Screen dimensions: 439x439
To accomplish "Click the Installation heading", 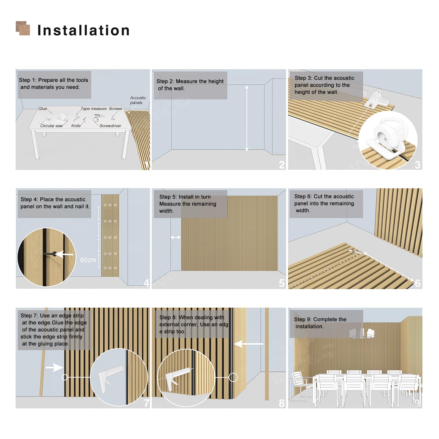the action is pos(84,30).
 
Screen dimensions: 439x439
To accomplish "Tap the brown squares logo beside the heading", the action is pos(23,28).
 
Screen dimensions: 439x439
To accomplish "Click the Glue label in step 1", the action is pos(43,109).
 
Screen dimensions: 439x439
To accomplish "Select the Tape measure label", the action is pos(94,109).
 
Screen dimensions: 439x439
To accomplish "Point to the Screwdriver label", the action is pos(110,126).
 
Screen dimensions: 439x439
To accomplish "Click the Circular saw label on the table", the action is pos(52,126).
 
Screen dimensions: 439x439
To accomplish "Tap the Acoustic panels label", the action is pos(138,100).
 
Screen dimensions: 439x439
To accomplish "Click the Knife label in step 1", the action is pos(76,126).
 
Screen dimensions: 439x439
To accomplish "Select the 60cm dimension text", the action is pos(88,260).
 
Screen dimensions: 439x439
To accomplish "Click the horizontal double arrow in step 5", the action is pos(175,237).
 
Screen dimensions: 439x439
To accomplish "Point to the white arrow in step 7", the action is pos(54,368).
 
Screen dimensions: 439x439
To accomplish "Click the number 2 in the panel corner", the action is pos(282,165).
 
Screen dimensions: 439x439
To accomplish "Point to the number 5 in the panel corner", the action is pos(282,283).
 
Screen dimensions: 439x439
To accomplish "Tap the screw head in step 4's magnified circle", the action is pos(54,254).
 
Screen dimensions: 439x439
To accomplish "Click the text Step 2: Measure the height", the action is pos(190,81).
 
